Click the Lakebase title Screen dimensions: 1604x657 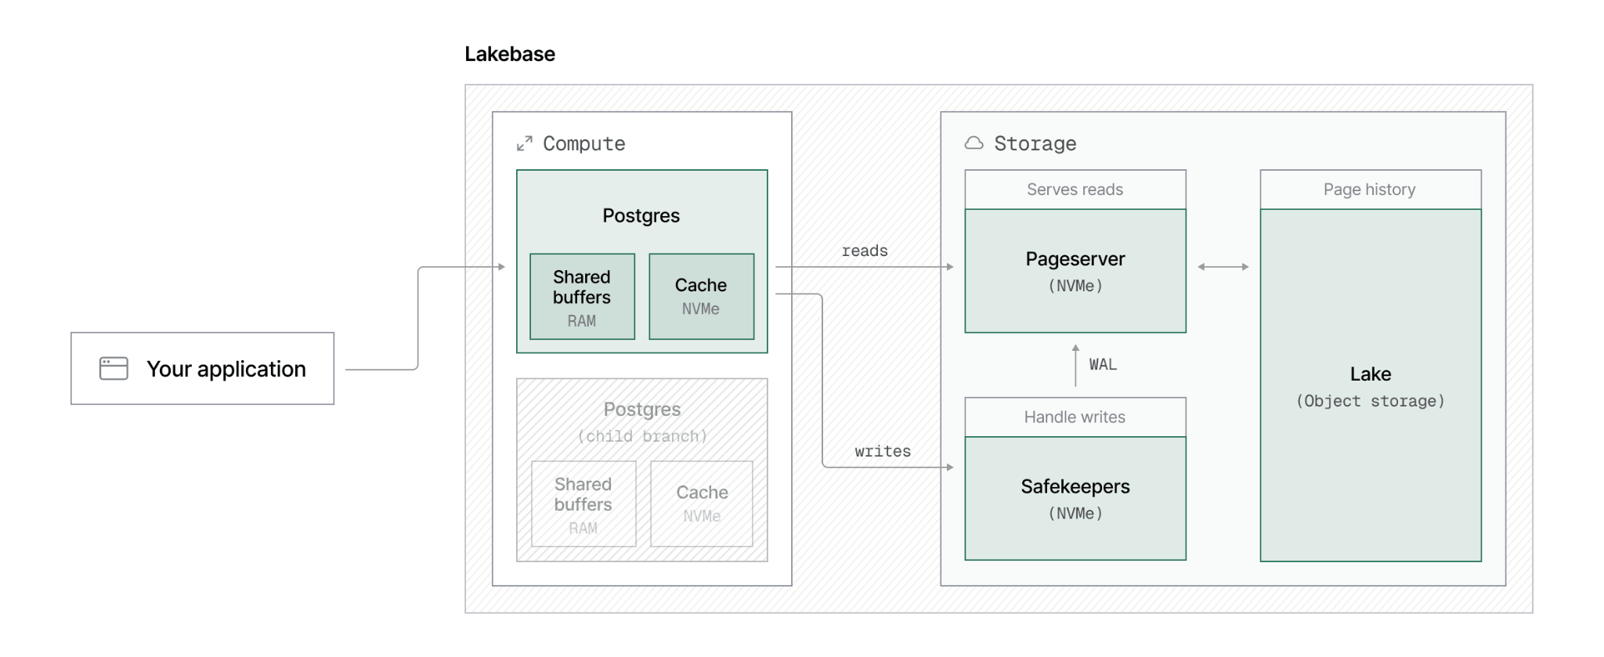click(x=510, y=54)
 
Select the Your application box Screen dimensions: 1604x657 click(x=203, y=368)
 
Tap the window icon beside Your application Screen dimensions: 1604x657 click(x=114, y=368)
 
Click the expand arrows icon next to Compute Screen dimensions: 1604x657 click(x=525, y=143)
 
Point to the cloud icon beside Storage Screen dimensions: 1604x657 click(x=974, y=143)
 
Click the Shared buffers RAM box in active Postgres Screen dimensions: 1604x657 click(x=582, y=297)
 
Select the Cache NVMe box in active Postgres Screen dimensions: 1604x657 click(x=702, y=297)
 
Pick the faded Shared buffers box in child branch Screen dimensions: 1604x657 click(x=583, y=504)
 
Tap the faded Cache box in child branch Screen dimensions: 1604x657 click(x=702, y=504)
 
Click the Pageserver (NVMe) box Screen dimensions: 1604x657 click(x=1075, y=271)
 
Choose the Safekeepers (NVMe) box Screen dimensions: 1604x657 click(x=1075, y=498)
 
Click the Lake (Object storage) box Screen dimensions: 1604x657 click(x=1371, y=385)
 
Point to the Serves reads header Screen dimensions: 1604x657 click(x=1075, y=190)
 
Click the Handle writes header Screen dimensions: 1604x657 click(x=1075, y=417)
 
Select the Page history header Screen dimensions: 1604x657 click(x=1371, y=190)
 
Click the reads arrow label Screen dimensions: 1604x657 click(x=865, y=251)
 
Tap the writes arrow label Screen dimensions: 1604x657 click(x=883, y=451)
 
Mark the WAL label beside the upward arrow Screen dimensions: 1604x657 click(x=1103, y=364)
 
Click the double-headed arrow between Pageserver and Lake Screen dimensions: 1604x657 click(x=1223, y=267)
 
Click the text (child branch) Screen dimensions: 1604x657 click(x=642, y=436)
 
